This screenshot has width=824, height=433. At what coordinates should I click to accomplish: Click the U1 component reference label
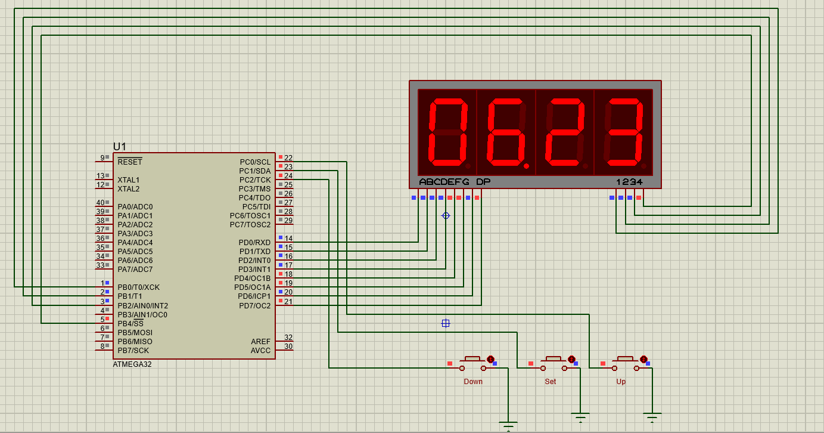(120, 147)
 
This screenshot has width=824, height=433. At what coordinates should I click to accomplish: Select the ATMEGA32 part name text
(132, 364)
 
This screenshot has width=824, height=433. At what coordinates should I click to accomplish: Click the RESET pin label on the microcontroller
(129, 162)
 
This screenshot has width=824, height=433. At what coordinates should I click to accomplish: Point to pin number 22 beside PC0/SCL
(288, 157)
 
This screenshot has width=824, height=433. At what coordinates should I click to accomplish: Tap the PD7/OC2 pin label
(254, 305)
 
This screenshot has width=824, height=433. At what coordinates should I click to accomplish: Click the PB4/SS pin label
(130, 323)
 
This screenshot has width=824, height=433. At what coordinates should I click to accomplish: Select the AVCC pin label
(260, 350)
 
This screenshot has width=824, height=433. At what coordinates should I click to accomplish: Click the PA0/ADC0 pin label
(135, 206)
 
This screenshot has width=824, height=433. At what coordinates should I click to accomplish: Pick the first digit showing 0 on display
(448, 132)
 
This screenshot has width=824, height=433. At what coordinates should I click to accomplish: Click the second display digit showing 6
(506, 132)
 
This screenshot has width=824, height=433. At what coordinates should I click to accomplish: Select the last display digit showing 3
(624, 132)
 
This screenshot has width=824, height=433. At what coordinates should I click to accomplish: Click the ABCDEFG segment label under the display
(444, 181)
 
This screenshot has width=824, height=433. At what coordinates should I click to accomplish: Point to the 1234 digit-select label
(629, 181)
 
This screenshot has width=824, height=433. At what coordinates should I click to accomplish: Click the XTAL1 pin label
(128, 180)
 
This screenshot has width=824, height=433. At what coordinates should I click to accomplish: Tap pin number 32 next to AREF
(288, 338)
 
